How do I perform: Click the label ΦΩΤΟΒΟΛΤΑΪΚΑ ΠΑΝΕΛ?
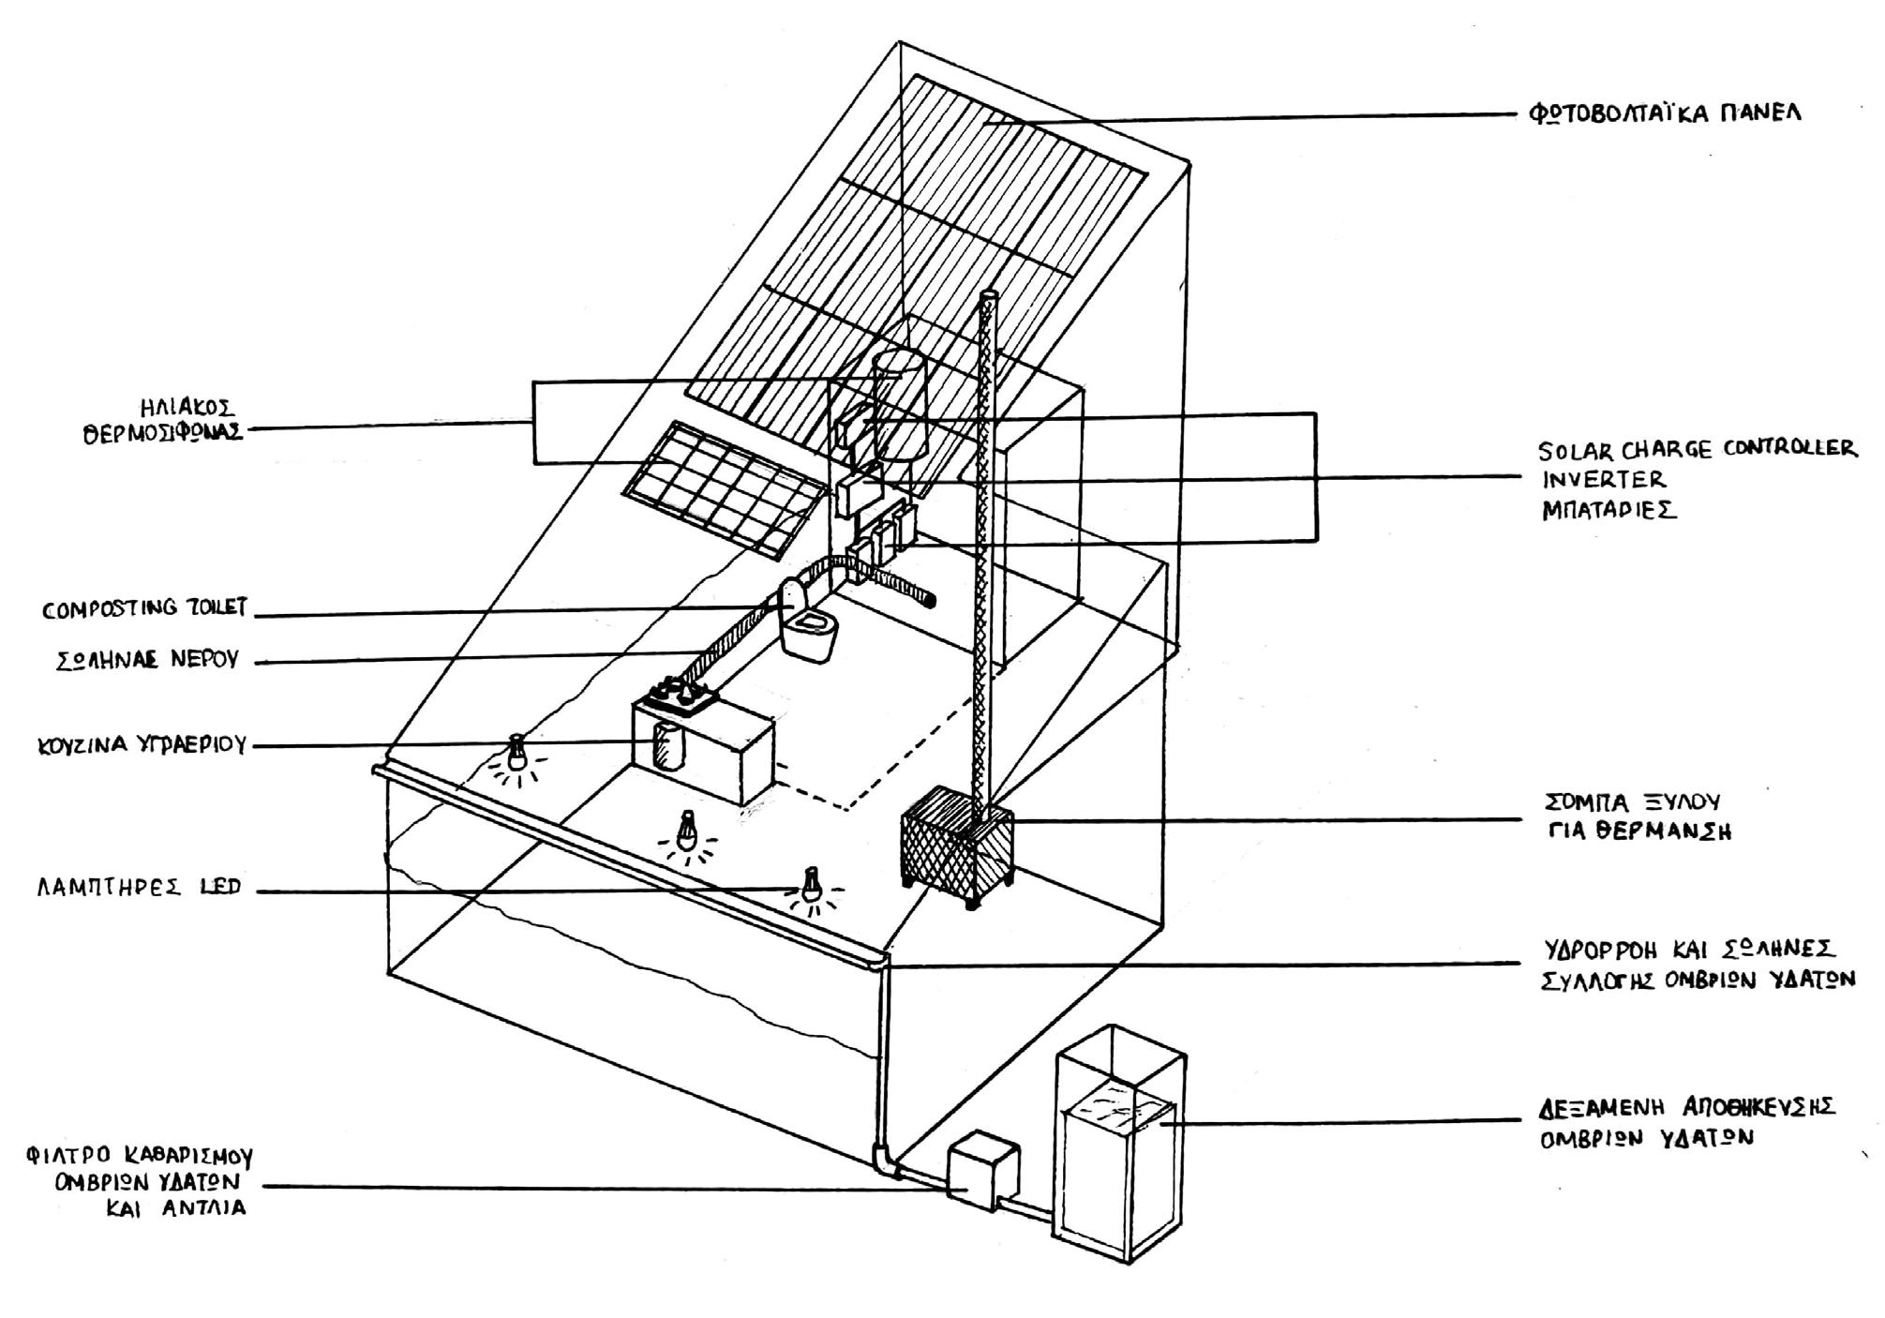1666,114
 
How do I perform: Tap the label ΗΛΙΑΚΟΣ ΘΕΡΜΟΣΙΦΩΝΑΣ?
163,421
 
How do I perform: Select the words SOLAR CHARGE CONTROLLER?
1698,449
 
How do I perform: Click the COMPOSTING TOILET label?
145,609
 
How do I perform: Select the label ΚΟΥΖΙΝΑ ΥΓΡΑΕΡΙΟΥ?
142,746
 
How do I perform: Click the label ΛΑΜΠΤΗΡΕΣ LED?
140,887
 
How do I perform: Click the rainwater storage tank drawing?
1120,1145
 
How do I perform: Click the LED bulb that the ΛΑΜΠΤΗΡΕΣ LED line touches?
812,886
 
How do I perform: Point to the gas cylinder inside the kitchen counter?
668,747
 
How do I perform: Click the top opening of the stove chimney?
989,296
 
